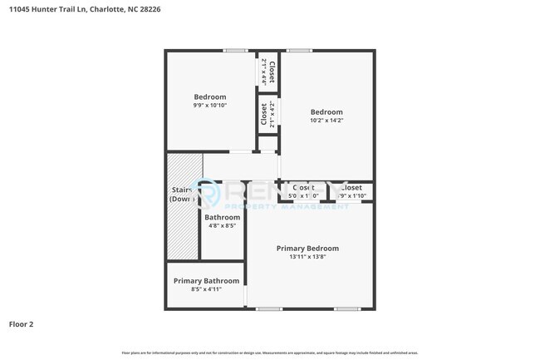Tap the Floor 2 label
(x=21, y=324)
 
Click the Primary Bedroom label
(x=307, y=248)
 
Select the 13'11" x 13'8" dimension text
(x=307, y=257)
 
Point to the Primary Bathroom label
(x=206, y=281)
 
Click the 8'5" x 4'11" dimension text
(x=206, y=289)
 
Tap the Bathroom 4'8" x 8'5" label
(x=222, y=221)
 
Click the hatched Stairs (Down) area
(x=183, y=204)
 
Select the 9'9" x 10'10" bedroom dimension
(x=209, y=106)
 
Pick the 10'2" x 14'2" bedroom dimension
(x=326, y=121)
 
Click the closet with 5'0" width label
(x=302, y=191)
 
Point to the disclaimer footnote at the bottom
(x=270, y=353)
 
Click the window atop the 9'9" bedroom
(x=235, y=51)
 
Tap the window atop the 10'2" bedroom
(x=299, y=51)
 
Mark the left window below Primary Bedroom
(x=268, y=309)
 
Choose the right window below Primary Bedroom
(x=346, y=309)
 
